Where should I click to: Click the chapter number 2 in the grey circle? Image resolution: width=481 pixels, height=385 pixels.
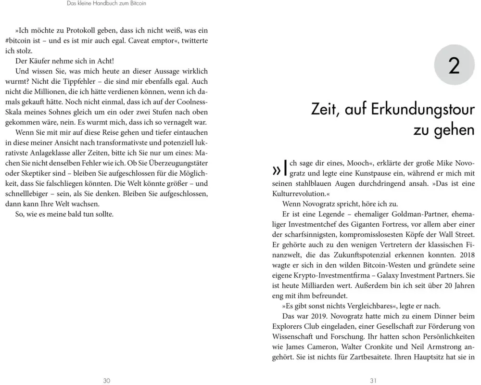(454, 66)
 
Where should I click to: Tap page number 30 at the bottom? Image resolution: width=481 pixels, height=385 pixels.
(107, 380)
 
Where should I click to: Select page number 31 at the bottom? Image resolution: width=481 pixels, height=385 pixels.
(373, 380)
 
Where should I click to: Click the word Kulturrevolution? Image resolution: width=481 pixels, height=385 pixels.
(298, 193)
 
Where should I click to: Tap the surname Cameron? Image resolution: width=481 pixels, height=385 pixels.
(321, 347)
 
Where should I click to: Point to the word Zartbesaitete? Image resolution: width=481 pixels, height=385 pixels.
(370, 358)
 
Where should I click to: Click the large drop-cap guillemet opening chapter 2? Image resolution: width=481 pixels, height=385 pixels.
(277, 169)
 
